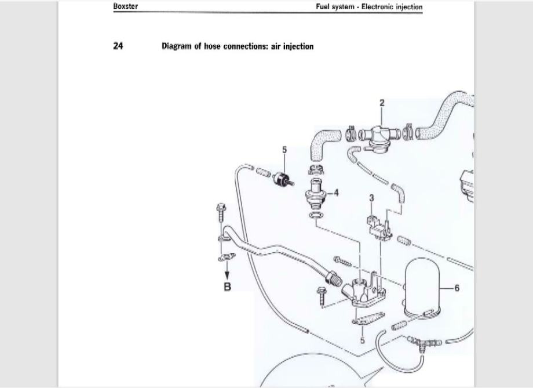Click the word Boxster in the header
(126, 7)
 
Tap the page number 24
(118, 46)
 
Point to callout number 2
(382, 103)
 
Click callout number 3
(371, 198)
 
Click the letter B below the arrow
(227, 287)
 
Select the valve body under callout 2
(378, 137)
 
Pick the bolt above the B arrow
(221, 213)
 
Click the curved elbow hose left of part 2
(323, 142)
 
